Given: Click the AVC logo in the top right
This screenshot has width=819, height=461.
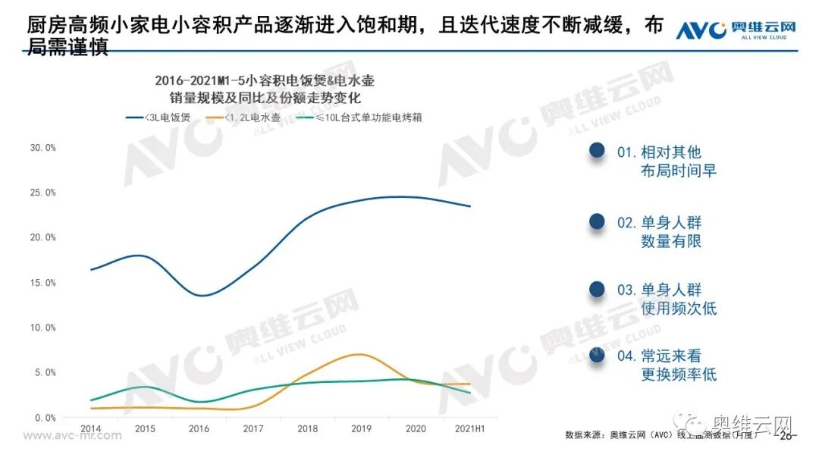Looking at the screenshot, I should (x=735, y=30).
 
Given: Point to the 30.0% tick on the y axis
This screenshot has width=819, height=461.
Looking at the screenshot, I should (x=42, y=148).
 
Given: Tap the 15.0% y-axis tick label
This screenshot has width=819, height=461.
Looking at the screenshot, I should (x=42, y=283).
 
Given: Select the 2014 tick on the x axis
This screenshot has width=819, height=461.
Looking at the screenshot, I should (x=90, y=428).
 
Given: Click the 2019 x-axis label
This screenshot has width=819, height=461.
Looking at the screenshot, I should (x=361, y=428).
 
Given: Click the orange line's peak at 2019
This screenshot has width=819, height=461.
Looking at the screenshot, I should (x=361, y=354).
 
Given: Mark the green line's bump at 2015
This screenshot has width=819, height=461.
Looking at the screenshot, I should (x=146, y=387).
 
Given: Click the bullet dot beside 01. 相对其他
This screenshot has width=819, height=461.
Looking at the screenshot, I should (x=597, y=152).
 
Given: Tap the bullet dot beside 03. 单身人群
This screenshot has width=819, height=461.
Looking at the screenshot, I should (x=597, y=290).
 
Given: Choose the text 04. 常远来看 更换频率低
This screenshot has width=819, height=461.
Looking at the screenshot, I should (x=666, y=365).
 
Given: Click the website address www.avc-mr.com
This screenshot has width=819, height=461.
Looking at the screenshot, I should (x=73, y=436).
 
